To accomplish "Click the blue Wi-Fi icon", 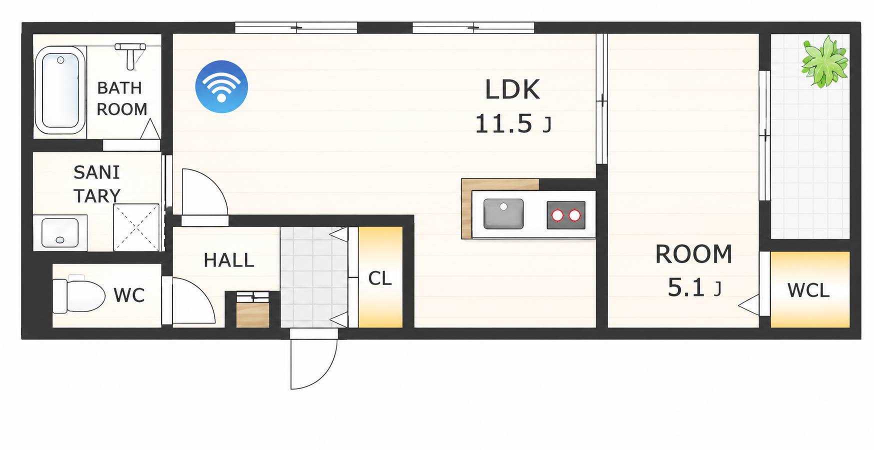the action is point(221,86).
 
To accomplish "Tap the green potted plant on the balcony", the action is point(824,61).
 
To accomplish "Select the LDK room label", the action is point(512,90).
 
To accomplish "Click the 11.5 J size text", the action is point(513,123).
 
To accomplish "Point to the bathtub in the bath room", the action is point(60,90).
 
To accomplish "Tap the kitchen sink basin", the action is point(503,214).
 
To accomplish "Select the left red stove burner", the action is point(557,215).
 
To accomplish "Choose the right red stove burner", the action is point(575,215).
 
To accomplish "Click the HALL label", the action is point(229,260).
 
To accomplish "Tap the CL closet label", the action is point(380,278).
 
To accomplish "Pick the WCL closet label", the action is point(808,290).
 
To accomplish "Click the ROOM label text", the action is point(693,254).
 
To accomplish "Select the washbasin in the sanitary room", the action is point(60,233).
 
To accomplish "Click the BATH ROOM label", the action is point(121,98).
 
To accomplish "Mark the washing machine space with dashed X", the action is point(136,227).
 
